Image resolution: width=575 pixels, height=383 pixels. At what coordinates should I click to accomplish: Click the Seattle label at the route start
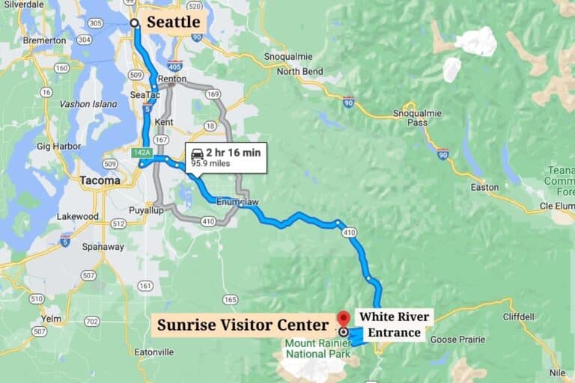tap(173, 22)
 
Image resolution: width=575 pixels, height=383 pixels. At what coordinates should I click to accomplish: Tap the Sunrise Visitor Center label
tap(242, 325)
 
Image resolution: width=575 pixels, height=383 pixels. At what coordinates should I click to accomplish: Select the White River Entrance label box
tap(393, 325)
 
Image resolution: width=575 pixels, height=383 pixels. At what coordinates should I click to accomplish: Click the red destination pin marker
tap(344, 319)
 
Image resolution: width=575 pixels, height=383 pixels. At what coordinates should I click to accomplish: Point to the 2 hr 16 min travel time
tap(234, 153)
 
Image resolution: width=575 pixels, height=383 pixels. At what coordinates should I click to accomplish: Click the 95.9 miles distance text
tap(210, 162)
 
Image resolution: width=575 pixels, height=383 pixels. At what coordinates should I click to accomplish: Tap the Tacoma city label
tap(100, 180)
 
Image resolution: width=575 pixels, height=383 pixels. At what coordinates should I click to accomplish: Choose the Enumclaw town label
tap(237, 202)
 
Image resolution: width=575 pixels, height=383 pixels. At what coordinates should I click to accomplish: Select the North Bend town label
tap(300, 71)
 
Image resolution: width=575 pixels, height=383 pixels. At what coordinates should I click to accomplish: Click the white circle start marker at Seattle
tap(135, 23)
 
